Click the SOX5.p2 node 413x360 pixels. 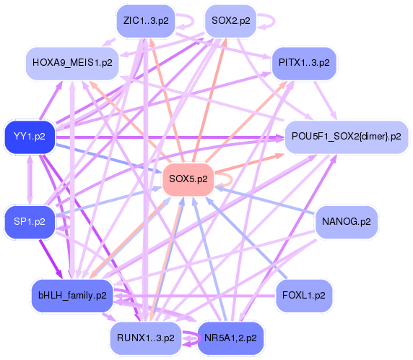[x=188, y=179]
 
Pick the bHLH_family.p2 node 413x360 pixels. [x=72, y=294]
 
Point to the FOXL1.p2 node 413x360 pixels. [x=304, y=295]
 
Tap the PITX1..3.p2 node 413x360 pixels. [x=304, y=63]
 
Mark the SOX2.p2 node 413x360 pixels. [x=230, y=20]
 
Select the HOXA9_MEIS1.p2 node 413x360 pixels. [x=72, y=63]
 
